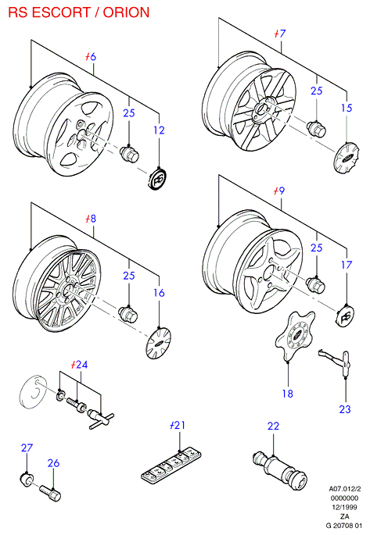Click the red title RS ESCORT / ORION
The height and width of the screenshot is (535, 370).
(x=79, y=12)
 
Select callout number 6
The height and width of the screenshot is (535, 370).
(x=92, y=57)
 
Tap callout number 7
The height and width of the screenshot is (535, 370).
(x=282, y=34)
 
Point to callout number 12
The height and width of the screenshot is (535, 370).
(x=159, y=130)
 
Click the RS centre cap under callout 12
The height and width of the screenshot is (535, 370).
(x=158, y=178)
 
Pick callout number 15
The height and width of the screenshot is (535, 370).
(x=347, y=108)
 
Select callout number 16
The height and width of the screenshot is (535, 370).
(x=159, y=292)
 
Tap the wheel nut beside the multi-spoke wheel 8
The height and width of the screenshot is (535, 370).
(x=128, y=313)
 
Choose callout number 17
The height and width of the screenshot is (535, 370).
(x=347, y=265)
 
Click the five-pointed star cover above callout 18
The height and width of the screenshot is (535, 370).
(x=294, y=335)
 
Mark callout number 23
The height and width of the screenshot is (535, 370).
(x=345, y=408)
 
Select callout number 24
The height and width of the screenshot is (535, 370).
(x=81, y=365)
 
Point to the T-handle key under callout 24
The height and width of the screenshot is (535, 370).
(x=101, y=419)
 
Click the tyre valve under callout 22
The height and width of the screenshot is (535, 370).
(x=280, y=469)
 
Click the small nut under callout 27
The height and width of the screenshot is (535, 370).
(x=27, y=478)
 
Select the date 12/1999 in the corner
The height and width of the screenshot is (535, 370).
(x=345, y=508)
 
